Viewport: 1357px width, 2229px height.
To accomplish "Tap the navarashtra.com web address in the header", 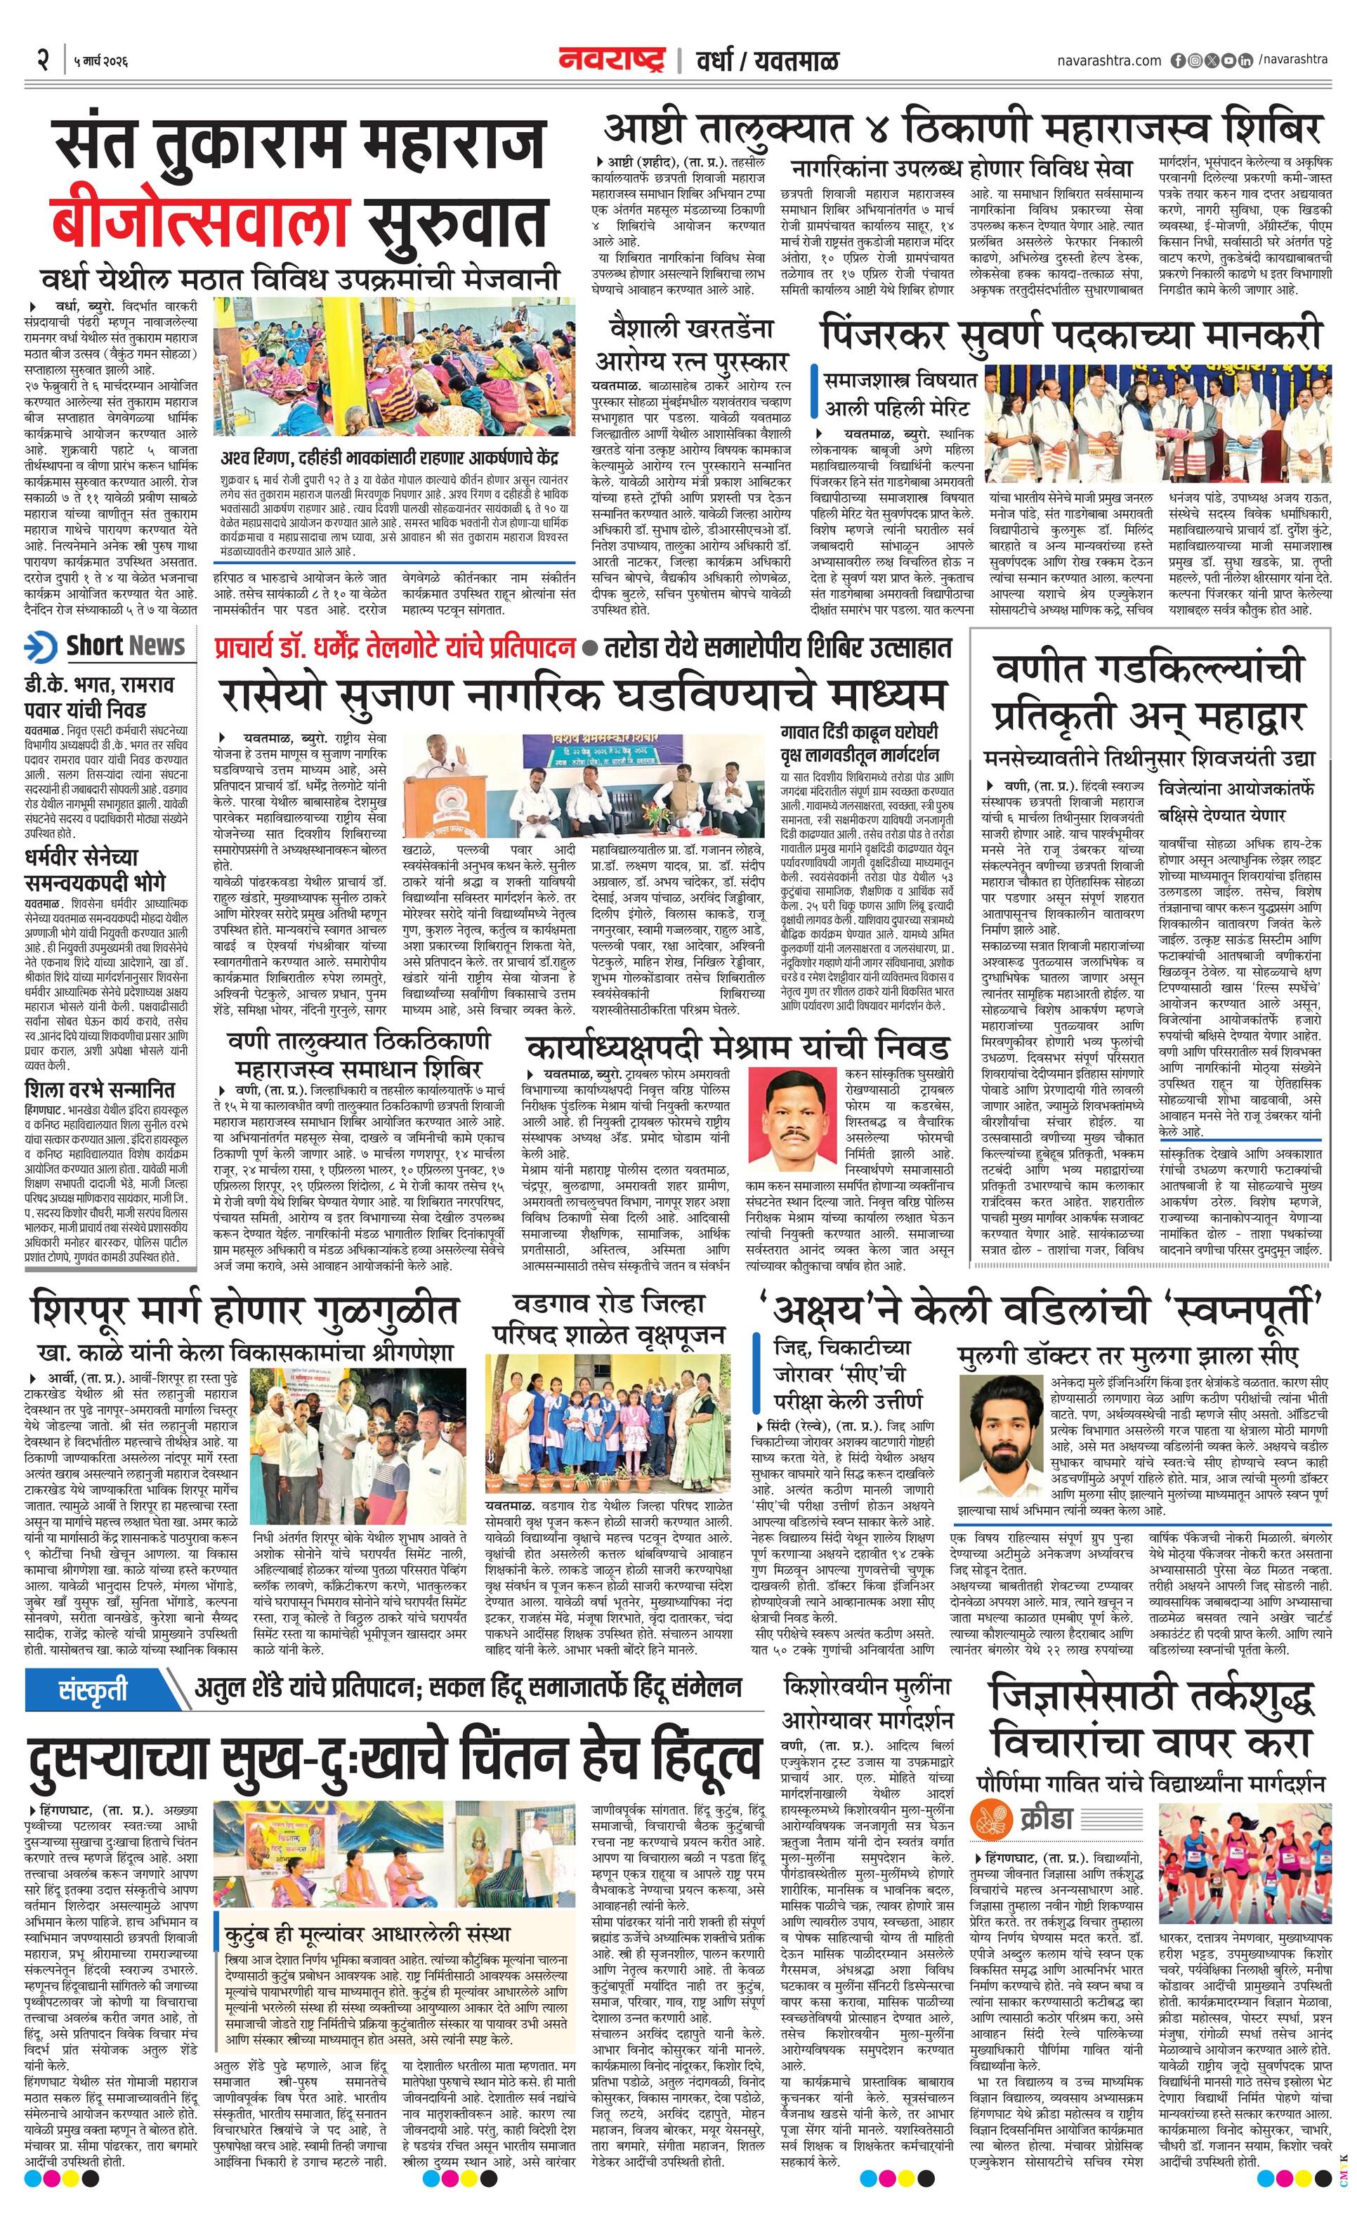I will point(1109,60).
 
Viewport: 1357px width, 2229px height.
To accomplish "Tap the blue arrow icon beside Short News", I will point(41,648).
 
